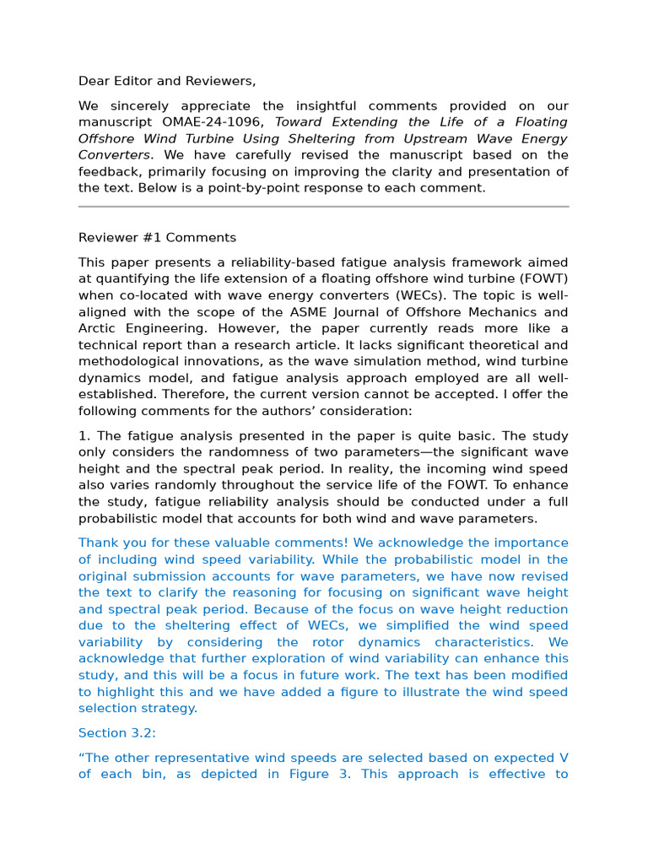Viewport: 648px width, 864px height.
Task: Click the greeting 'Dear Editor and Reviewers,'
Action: (x=166, y=81)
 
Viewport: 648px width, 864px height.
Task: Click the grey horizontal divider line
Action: (x=323, y=206)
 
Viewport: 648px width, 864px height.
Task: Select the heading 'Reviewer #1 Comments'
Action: (x=157, y=237)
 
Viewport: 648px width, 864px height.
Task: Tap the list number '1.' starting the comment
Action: (x=84, y=436)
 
